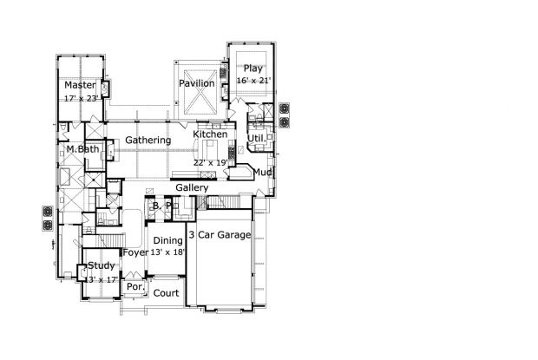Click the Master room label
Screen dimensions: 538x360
pos(81,85)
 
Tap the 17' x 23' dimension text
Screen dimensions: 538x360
pos(82,98)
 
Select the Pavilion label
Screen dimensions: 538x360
pos(197,83)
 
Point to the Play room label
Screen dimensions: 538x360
pos(253,69)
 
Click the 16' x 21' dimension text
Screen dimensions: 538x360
pos(253,81)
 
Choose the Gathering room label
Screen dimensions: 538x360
pos(148,141)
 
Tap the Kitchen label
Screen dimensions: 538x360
pos(210,134)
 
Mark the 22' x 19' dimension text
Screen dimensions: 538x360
pos(211,163)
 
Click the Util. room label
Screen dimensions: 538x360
pos(257,139)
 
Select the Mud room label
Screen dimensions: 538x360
pos(262,172)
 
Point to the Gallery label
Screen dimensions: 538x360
pos(192,188)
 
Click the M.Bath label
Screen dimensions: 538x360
pos(82,149)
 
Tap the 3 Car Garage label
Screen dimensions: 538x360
pos(220,235)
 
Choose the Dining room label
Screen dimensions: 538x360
pos(167,240)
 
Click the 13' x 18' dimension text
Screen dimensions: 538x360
pos(168,252)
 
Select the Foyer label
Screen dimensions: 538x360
pos(135,253)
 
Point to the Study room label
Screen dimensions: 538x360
pos(102,265)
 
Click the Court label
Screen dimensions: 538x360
pos(166,293)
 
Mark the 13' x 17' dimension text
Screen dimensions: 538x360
pos(102,280)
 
